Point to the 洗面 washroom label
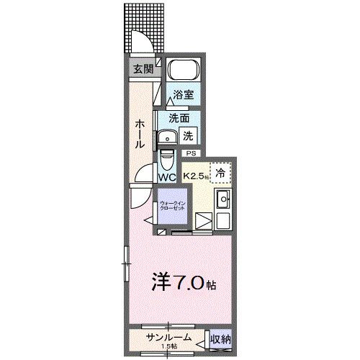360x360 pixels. coord(179,118)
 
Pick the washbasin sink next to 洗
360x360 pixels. coord(168,138)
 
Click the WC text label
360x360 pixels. coord(167,176)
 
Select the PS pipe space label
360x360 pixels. coord(191,153)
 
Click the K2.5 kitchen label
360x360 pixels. coord(194,175)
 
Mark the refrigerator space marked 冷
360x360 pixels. coord(221,173)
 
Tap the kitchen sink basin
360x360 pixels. coord(223,199)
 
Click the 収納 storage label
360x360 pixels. coord(221,338)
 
